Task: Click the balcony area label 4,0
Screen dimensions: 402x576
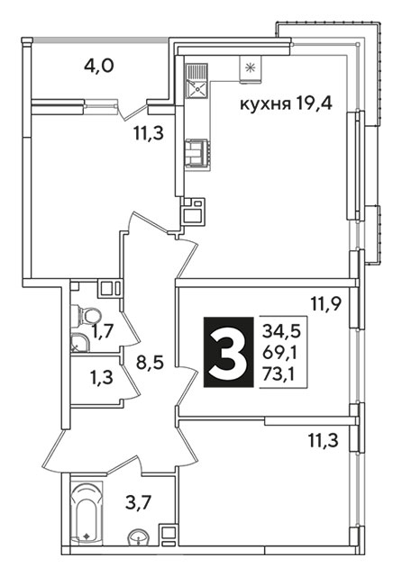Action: [x=99, y=67]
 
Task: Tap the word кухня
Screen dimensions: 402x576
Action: [x=263, y=104]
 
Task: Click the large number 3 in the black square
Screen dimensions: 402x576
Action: [x=228, y=353]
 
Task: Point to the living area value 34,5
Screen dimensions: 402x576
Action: [x=281, y=330]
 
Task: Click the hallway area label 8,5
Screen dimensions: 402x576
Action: [x=149, y=364]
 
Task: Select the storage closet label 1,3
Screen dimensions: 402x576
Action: [x=102, y=377]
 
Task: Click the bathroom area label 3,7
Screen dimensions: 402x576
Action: [x=138, y=502]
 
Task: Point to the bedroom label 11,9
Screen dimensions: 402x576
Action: [x=326, y=304]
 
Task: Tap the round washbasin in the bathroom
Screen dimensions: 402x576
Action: [x=138, y=537]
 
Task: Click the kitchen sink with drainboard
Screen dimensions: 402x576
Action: [x=196, y=81]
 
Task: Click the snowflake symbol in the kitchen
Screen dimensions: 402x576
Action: [x=250, y=67]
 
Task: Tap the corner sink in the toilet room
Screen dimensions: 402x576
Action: [x=77, y=343]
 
